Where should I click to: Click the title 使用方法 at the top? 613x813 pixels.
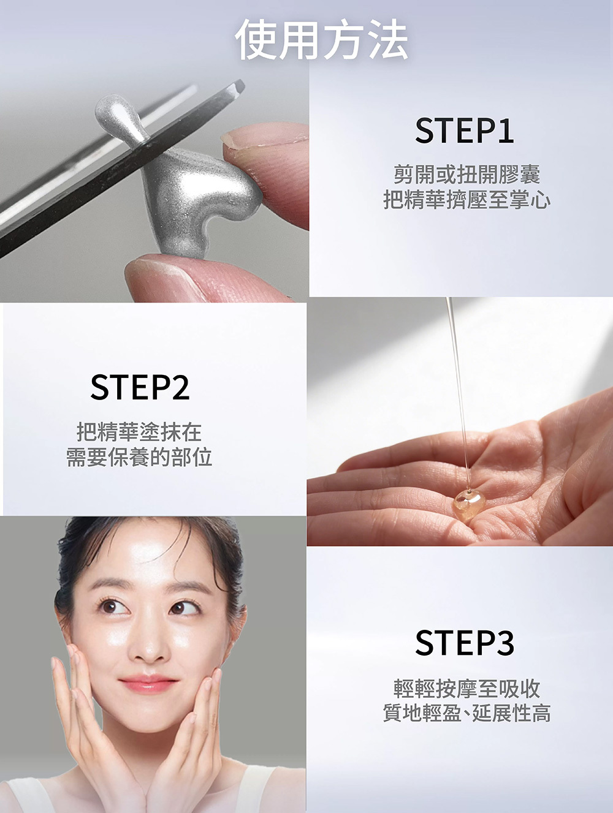[321, 39]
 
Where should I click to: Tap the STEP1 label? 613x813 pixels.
[465, 130]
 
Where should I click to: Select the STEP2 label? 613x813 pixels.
[140, 387]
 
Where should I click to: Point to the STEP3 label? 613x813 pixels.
[465, 643]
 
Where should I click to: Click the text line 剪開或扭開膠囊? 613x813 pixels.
[466, 174]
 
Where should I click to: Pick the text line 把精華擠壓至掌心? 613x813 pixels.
[466, 200]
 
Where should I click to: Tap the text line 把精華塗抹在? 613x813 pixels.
[139, 432]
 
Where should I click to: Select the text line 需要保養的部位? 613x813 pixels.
[139, 457]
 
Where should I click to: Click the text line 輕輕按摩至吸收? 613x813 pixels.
[466, 689]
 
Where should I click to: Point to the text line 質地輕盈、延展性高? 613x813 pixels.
[466, 714]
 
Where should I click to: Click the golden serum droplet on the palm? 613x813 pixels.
[468, 501]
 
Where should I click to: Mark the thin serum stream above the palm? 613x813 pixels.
[459, 393]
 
